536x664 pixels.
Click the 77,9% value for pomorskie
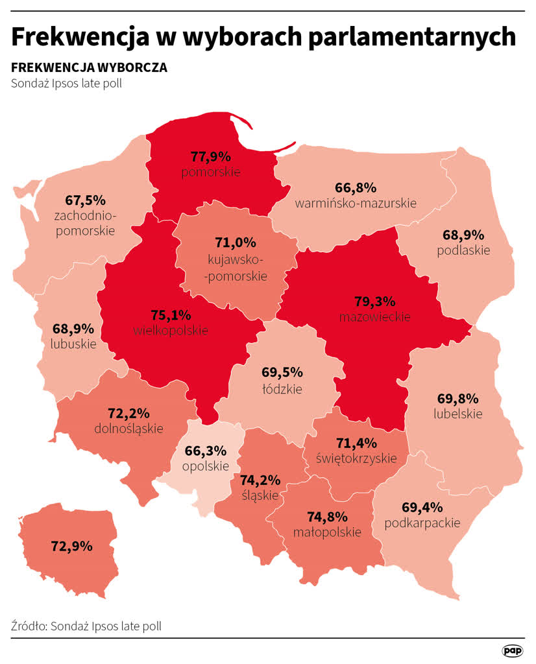211,156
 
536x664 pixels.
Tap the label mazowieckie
374,316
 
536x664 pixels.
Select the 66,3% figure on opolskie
205,450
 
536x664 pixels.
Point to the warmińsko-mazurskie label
356,203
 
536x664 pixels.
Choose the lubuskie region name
73,344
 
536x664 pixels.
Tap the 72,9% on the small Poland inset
71,546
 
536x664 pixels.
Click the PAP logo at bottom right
513,650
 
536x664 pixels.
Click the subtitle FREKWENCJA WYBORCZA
89,68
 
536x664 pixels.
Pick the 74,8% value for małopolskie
327,517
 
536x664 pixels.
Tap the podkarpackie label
422,522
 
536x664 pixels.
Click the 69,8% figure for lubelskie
457,397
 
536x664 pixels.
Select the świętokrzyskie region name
356,458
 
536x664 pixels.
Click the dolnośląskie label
128,428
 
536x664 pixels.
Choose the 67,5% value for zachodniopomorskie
86,200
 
